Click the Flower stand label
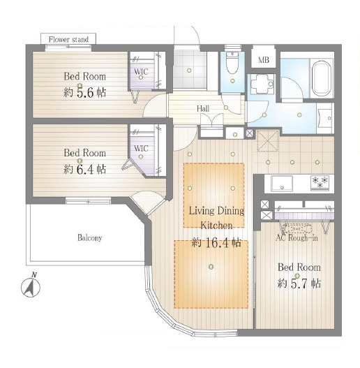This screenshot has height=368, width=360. click(x=68, y=39)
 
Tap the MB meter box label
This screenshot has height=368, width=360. click(x=264, y=60)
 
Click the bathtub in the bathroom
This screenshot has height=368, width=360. click(x=322, y=78)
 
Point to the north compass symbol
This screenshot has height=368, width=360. click(x=31, y=286)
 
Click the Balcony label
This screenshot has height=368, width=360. click(x=90, y=238)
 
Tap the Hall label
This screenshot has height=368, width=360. click(x=203, y=109)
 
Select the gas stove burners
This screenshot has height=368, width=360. click(x=320, y=182)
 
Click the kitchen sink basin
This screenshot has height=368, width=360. click(x=282, y=184)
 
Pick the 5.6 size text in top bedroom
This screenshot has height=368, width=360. click(x=85, y=93)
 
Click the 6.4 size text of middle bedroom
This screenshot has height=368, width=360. click(x=85, y=169)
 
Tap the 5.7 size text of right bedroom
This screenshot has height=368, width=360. click(x=299, y=284)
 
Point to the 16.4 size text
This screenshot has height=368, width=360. click(x=217, y=243)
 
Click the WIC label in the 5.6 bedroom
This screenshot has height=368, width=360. click(x=141, y=71)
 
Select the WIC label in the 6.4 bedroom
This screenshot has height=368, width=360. click(x=141, y=148)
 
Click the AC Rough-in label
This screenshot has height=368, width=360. click(x=297, y=238)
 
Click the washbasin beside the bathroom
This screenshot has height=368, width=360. click(x=325, y=118)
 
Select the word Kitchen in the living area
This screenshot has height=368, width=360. click(x=216, y=226)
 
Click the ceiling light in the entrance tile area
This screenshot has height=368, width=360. click(x=189, y=70)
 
